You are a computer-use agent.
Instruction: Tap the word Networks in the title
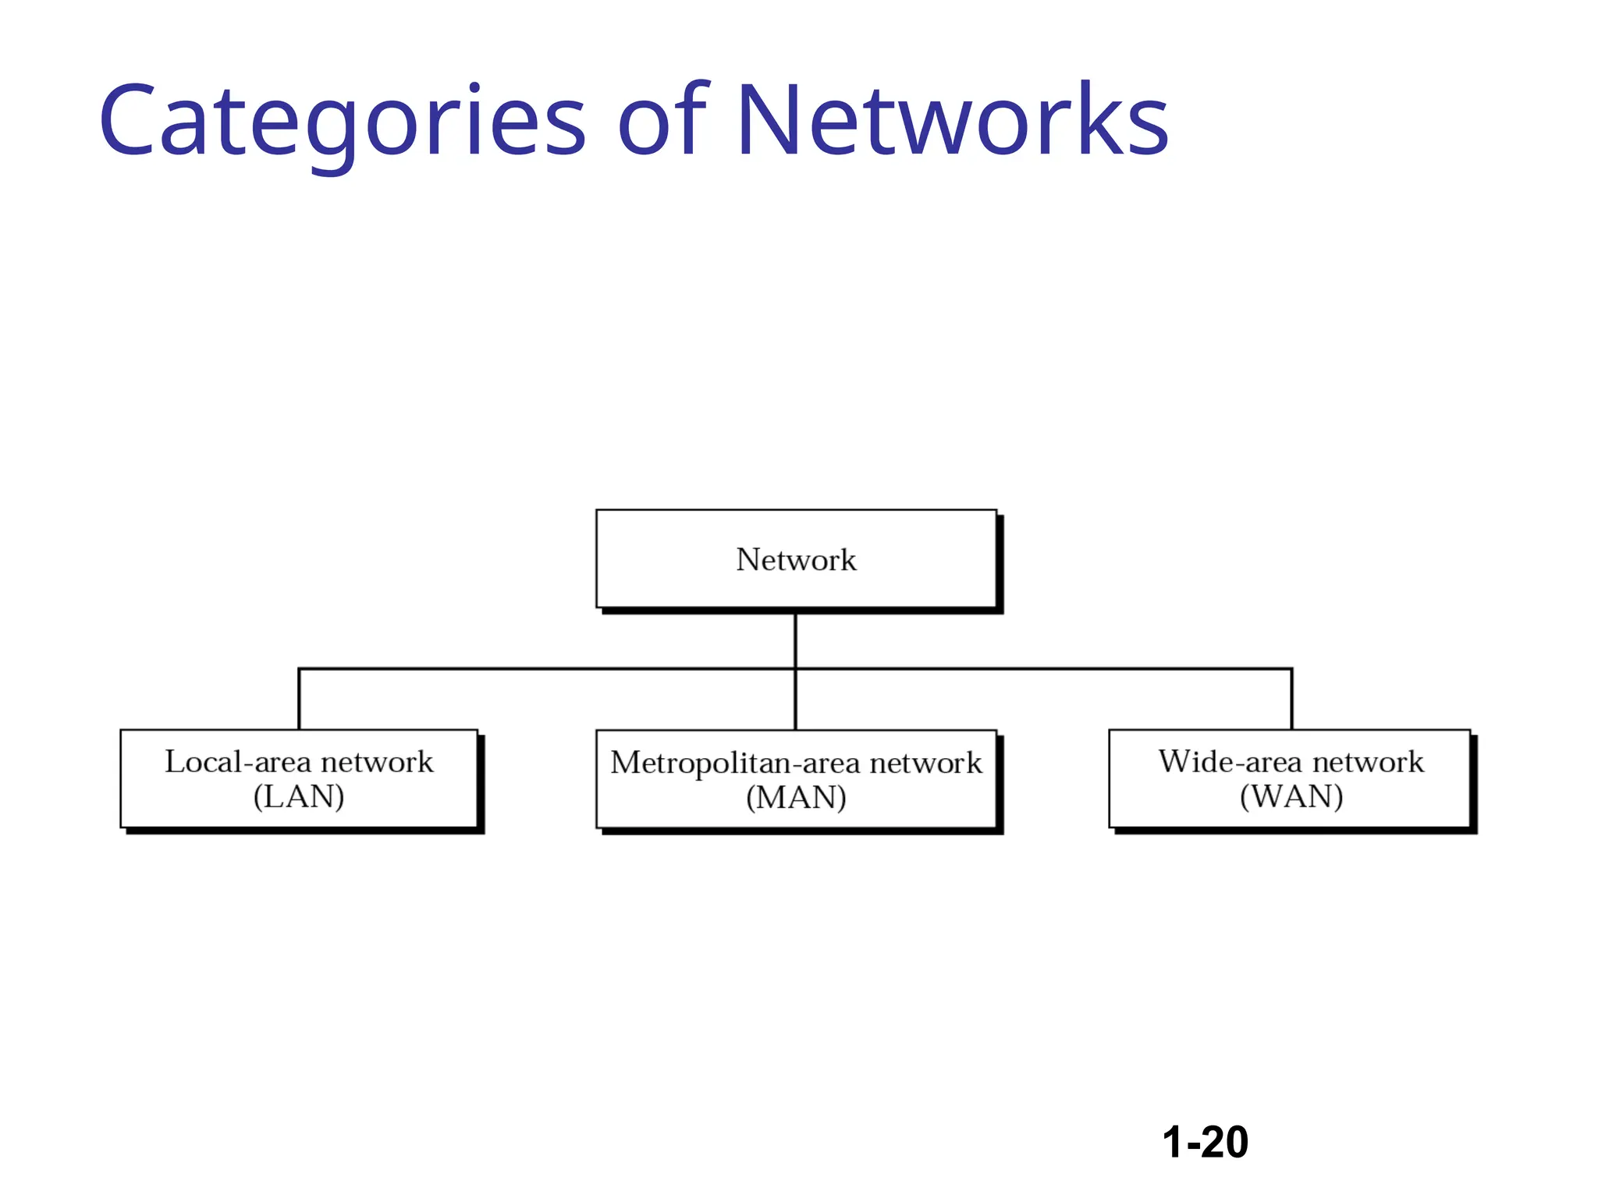pyautogui.click(x=951, y=121)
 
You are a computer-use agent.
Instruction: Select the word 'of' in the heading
pyautogui.click(x=662, y=121)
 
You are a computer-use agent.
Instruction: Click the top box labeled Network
pyautogui.click(x=796, y=559)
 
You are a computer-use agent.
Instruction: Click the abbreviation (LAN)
pyautogui.click(x=299, y=797)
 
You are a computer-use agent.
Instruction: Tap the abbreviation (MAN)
pyautogui.click(x=796, y=798)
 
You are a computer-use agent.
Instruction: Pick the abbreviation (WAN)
pyautogui.click(x=1291, y=797)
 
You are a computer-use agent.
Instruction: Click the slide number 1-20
pyautogui.click(x=1205, y=1142)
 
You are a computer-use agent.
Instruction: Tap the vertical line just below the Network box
pyautogui.click(x=795, y=640)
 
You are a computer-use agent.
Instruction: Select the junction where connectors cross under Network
pyautogui.click(x=795, y=668)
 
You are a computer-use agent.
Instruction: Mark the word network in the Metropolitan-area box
pyautogui.click(x=925, y=763)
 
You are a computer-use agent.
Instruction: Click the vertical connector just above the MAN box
pyautogui.click(x=795, y=702)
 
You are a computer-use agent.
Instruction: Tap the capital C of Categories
pyautogui.click(x=126, y=121)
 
